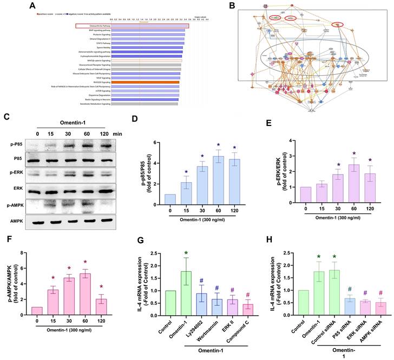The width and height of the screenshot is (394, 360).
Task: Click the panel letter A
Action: click(34, 5)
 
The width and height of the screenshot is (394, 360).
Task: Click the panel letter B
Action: click(246, 5)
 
